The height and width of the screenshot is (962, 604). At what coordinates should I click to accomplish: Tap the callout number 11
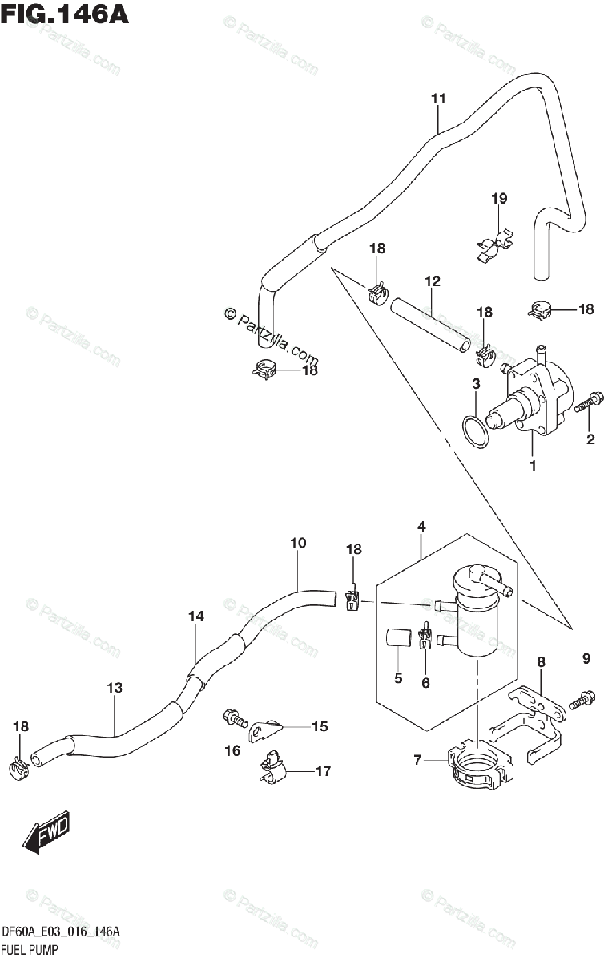[x=437, y=99]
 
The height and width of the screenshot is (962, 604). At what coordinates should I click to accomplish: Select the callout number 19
[x=499, y=198]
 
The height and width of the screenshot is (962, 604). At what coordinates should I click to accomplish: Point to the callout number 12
[x=433, y=281]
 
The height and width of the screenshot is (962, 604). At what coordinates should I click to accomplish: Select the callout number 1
[x=532, y=464]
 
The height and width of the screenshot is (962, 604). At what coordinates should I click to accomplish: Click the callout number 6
[x=425, y=683]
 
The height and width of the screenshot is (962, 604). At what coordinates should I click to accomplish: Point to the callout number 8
[x=542, y=661]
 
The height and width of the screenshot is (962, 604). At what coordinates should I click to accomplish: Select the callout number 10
[x=298, y=544]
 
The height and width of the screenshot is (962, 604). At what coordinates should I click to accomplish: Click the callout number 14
[x=196, y=616]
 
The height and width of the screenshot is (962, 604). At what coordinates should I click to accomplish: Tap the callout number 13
[x=115, y=687]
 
